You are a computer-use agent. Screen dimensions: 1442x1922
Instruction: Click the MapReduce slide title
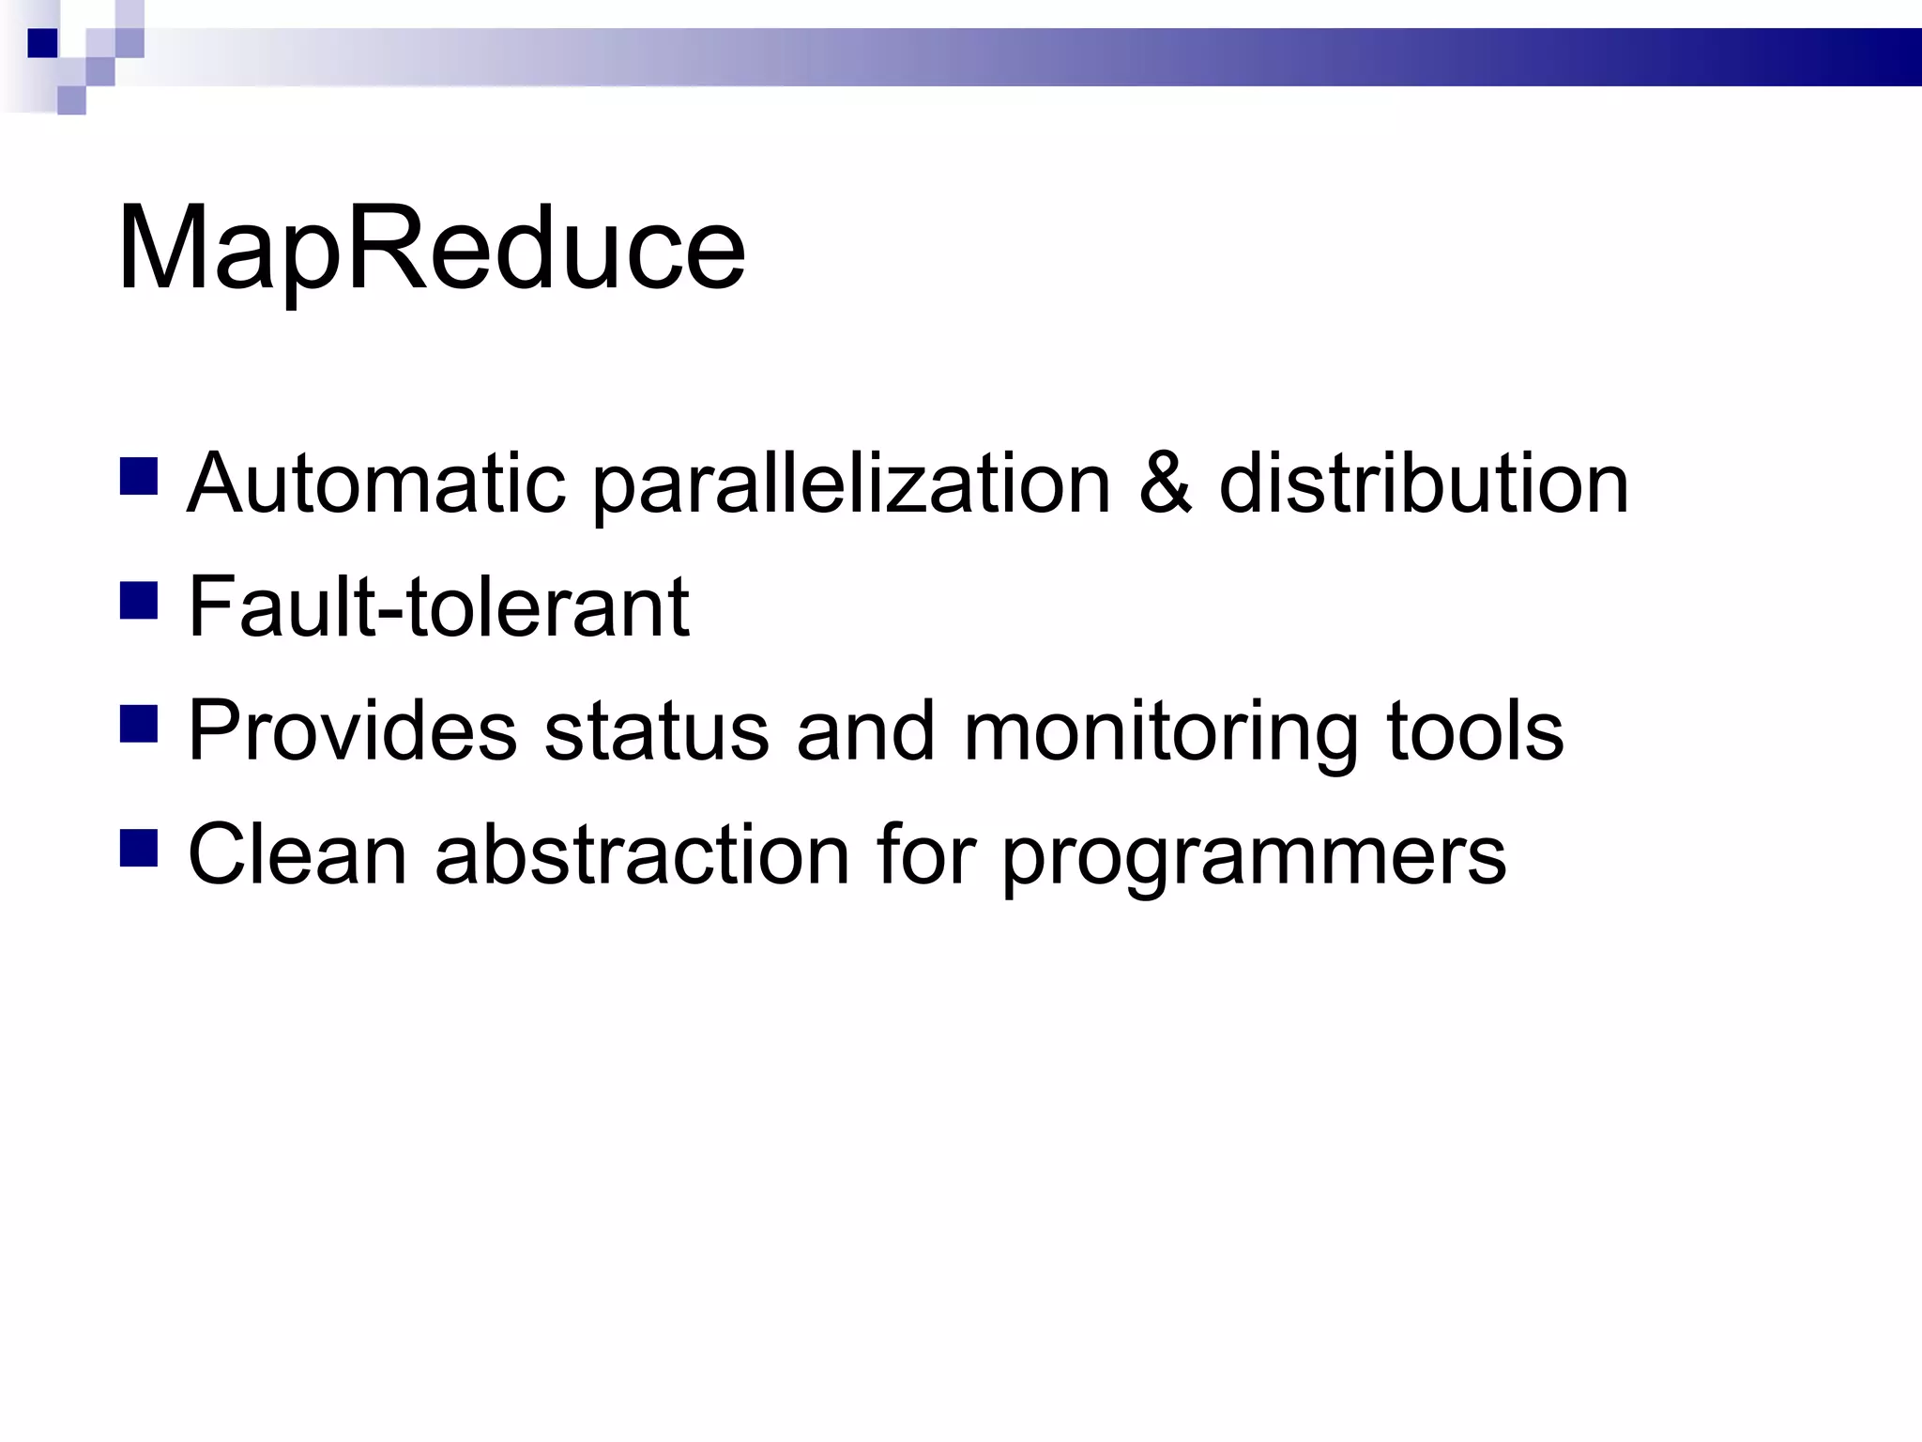click(431, 250)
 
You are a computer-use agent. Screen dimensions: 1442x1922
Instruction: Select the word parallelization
click(851, 485)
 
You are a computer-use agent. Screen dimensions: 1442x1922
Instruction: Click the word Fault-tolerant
click(438, 607)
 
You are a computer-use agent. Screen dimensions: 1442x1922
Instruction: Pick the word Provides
click(352, 730)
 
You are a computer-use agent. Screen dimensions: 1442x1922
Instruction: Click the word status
click(656, 730)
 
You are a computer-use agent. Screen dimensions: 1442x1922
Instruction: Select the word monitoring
click(1160, 732)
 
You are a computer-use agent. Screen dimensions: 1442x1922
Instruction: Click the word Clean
click(297, 854)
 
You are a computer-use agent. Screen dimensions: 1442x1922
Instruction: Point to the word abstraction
click(642, 854)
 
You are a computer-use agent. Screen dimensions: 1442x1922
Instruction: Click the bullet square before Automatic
click(139, 476)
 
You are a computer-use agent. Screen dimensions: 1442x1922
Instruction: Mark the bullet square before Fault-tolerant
click(139, 600)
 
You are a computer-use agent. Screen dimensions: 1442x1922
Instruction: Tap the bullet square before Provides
click(139, 724)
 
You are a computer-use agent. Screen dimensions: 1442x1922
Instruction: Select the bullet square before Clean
click(139, 847)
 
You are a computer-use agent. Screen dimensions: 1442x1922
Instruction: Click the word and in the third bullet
click(865, 730)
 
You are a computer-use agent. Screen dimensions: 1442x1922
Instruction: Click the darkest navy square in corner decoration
click(42, 43)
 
